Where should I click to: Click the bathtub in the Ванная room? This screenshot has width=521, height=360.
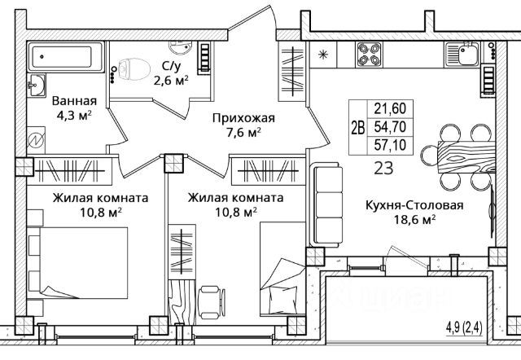coord(66,57)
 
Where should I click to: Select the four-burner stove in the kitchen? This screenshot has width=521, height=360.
coord(369,55)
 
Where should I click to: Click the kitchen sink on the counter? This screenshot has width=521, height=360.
coord(462,54)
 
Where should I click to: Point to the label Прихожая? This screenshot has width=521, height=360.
coord(243,118)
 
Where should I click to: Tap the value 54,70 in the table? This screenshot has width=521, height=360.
coord(390,126)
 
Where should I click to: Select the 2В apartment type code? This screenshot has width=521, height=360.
coord(358,127)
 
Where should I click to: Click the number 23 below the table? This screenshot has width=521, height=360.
coord(383,168)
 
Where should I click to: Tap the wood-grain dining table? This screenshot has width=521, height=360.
coord(466,157)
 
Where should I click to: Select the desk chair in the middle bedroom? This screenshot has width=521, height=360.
coord(212,302)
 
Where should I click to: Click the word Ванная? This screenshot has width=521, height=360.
coord(74,101)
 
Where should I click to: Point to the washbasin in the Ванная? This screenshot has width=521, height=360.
coord(36,85)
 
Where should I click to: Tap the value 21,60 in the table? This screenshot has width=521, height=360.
coord(390,108)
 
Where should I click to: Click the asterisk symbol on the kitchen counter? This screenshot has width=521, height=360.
coord(322,55)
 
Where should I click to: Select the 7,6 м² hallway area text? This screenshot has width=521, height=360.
coord(243,132)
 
